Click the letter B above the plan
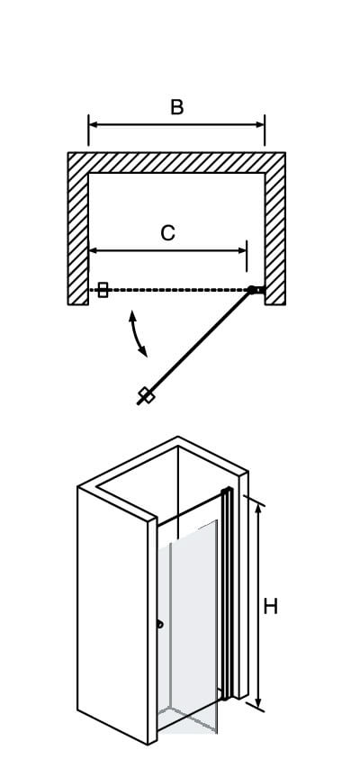click(177, 107)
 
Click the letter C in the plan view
click(168, 233)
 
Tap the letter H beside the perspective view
click(271, 606)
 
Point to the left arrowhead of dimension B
click(93, 124)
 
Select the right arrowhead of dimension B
click(260, 124)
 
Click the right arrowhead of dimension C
click(242, 250)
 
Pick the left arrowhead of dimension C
click(94, 250)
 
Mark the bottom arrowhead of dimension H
click(258, 702)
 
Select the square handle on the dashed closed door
click(103, 290)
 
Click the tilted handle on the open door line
click(147, 395)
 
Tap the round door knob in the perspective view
click(159, 625)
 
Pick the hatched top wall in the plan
click(176, 163)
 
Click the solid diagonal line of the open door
click(195, 347)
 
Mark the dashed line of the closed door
click(169, 290)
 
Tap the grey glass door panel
click(187, 625)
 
